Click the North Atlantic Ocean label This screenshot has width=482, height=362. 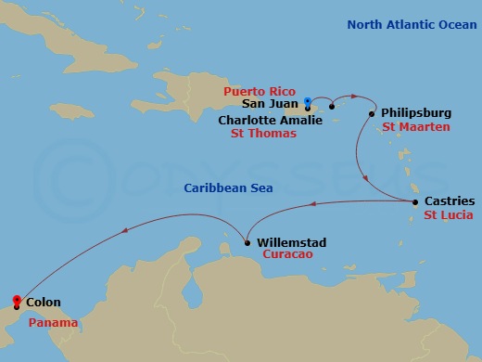point(411,24)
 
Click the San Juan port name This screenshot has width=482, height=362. point(269,106)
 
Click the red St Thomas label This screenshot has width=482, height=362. point(263,134)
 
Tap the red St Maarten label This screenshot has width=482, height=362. point(416,125)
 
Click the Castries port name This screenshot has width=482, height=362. point(449,200)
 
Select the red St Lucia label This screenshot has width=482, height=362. point(449,214)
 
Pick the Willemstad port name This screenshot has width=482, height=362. point(293,242)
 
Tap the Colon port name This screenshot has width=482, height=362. point(44,302)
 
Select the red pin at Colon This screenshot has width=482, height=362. point(16,300)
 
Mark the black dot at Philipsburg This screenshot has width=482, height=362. point(372,114)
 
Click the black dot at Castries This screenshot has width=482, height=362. point(414,201)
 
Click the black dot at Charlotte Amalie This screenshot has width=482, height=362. point(332,107)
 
